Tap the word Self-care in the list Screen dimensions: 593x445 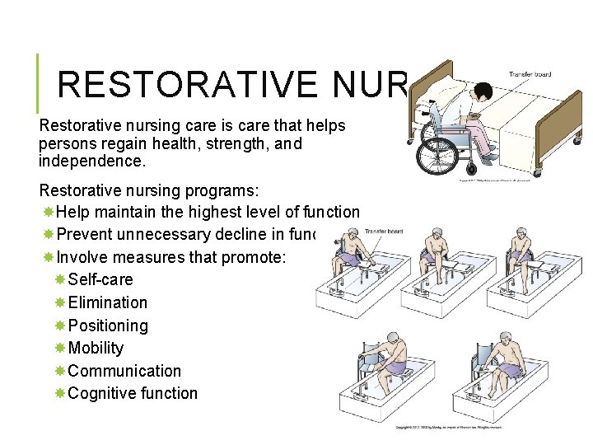[x=100, y=279]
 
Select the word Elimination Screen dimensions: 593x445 [x=108, y=302]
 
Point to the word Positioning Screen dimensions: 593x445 [x=108, y=326]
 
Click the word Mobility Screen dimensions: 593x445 [x=96, y=348]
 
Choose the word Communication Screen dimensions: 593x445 [x=124, y=371]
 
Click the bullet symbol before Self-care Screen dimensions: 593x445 [x=59, y=279]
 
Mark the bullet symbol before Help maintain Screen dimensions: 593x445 [x=48, y=213]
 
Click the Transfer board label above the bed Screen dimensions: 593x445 [x=530, y=75]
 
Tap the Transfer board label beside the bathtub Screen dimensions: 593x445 [x=383, y=232]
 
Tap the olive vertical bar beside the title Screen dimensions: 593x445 [x=39, y=83]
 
